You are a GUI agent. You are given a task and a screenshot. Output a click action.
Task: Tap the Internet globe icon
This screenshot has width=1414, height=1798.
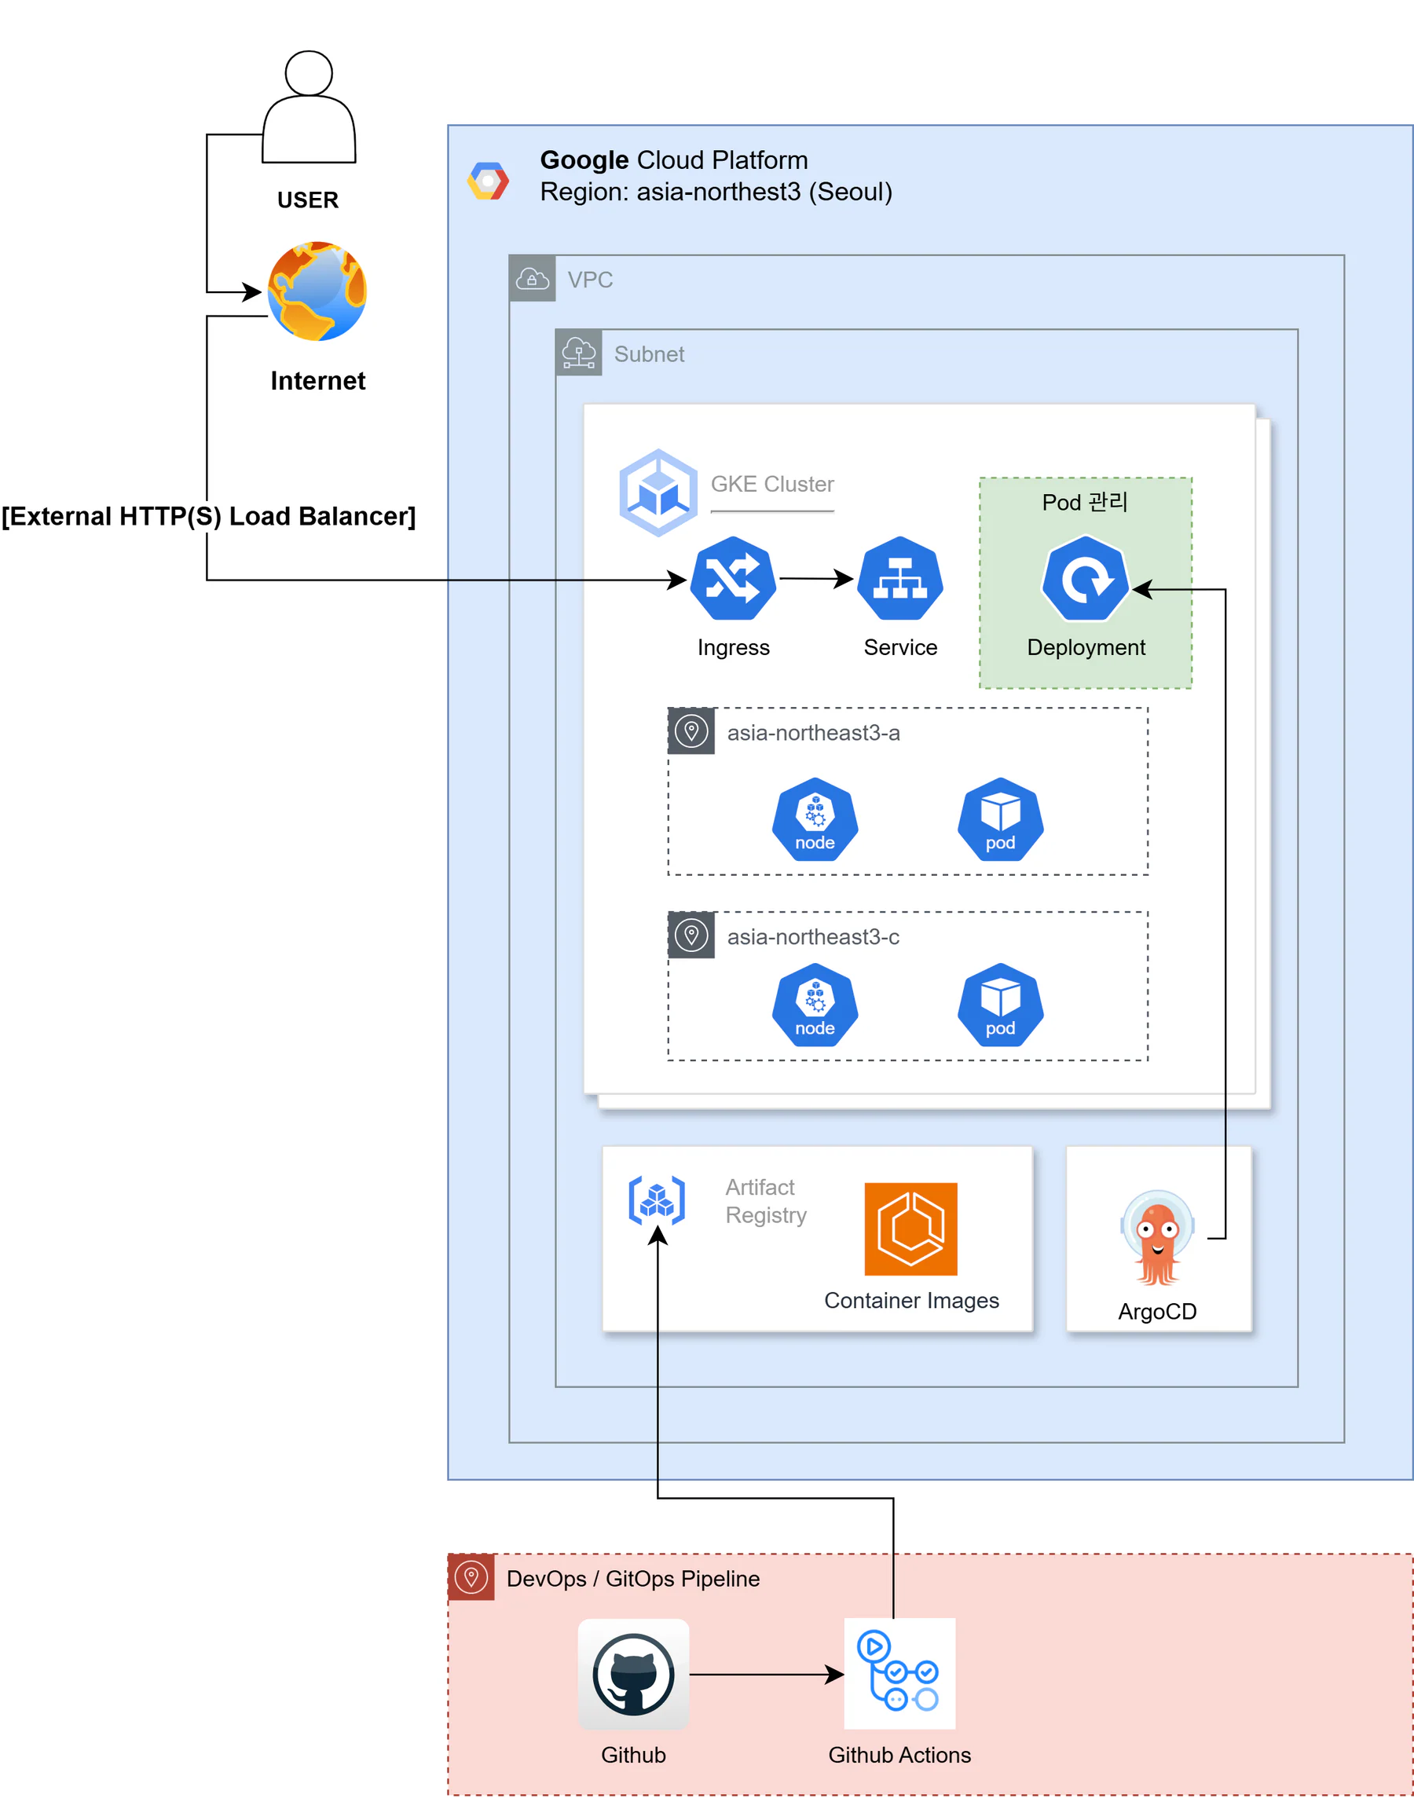coord(317,291)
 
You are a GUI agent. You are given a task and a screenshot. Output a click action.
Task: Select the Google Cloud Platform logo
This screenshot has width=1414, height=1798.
coord(489,181)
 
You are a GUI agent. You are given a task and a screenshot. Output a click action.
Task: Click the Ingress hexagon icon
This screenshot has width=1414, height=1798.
coord(733,578)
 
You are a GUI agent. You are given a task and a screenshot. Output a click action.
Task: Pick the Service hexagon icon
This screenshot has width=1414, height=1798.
coord(900,578)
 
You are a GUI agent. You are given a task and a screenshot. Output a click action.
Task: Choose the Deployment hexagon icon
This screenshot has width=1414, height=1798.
coord(1086,578)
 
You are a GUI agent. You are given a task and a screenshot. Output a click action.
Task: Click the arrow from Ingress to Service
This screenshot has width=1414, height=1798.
coord(816,579)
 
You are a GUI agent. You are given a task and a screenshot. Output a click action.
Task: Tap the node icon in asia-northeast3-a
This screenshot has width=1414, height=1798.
coord(815,819)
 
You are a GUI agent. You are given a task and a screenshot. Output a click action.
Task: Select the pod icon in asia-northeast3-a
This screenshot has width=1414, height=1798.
coord(1000,819)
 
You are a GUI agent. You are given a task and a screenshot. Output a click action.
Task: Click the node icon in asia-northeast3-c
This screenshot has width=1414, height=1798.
coord(815,1005)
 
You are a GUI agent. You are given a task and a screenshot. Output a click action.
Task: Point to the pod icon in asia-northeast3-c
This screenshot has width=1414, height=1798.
coord(1000,1005)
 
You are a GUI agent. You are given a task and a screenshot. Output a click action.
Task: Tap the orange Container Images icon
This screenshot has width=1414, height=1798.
coord(910,1229)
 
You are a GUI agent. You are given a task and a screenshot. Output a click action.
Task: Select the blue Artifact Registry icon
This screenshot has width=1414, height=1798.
coord(657,1199)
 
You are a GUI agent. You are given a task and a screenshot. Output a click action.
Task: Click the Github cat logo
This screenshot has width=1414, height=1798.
coord(633,1674)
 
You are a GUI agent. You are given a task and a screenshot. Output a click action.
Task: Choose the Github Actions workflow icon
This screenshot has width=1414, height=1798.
coord(900,1674)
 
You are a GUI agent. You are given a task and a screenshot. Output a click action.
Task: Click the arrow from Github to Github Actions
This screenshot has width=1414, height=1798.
coord(767,1675)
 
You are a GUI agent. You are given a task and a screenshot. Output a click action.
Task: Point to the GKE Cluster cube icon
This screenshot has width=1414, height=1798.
coord(658,493)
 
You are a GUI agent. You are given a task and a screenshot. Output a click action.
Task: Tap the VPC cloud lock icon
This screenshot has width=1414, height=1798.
coord(533,278)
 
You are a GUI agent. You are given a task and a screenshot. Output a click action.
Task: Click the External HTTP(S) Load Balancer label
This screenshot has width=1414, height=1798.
coord(208,516)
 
